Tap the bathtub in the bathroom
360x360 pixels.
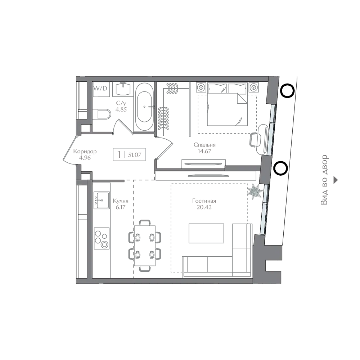[x=144, y=107]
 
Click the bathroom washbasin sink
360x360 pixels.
[x=123, y=89]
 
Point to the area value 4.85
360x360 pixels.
[x=121, y=109]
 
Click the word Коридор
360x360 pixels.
[x=85, y=151]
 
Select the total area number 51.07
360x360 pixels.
[x=135, y=155]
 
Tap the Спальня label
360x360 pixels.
[x=204, y=145]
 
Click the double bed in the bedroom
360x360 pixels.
[x=227, y=104]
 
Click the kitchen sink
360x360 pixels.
[x=102, y=201]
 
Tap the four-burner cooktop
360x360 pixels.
[x=102, y=238]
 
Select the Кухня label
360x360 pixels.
[x=121, y=201]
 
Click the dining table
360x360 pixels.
[x=145, y=246]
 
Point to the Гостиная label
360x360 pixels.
[x=204, y=201]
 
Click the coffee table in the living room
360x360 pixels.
[x=206, y=233]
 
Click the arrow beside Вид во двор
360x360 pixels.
[x=336, y=180]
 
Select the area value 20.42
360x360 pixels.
[x=204, y=207]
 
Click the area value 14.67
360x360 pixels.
[x=204, y=151]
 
